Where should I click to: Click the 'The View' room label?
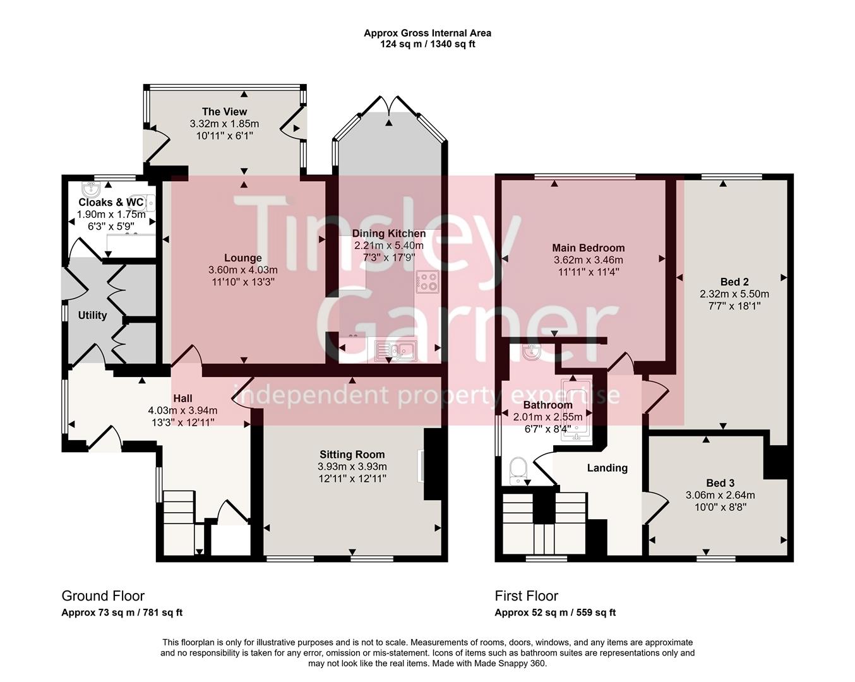pos(224,112)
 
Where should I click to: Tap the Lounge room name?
pos(242,258)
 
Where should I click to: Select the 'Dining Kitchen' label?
pos(388,234)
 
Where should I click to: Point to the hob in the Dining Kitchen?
pos(428,281)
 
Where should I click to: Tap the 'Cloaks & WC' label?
pos(111,202)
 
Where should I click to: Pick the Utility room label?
pos(92,315)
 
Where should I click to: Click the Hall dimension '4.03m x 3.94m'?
pos(182,410)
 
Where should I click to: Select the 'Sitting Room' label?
pos(352,454)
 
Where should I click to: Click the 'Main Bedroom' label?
pos(588,248)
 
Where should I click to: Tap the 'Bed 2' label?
pos(734,282)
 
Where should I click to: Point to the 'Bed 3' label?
pos(720,483)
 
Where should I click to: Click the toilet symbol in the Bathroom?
pos(518,470)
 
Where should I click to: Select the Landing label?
pos(607,468)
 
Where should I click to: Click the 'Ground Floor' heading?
pos(103,595)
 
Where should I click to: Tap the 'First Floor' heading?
pos(526,595)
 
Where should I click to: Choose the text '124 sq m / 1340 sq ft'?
pos(427,44)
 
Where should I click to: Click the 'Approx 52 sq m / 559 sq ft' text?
pos(554,613)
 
